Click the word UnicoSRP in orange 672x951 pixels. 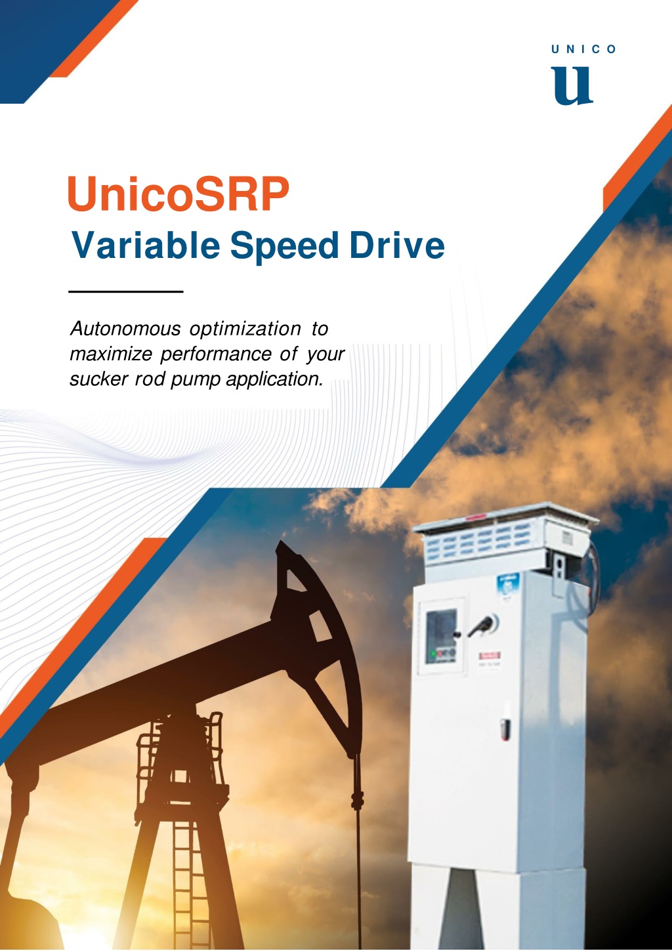coord(178,194)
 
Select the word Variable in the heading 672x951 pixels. coord(146,245)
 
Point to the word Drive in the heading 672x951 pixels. coord(397,245)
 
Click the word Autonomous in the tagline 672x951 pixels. coord(125,329)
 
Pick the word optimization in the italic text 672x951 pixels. coord(245,329)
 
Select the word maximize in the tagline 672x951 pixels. coord(111,354)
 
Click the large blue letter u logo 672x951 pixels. coord(572,85)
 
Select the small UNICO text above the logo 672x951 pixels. coord(583,50)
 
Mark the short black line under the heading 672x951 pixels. coord(125,291)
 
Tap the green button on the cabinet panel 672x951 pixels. coord(433,654)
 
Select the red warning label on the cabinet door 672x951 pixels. coord(490,655)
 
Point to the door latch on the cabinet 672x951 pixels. coord(505,729)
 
